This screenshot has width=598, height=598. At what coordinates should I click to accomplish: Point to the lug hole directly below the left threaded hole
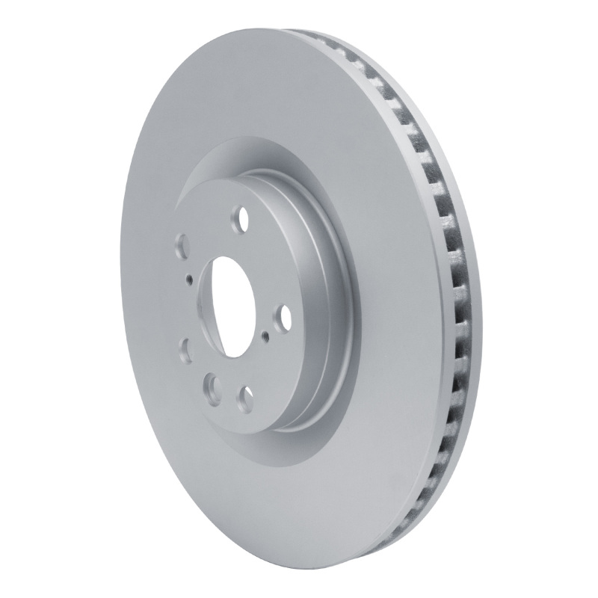click(x=185, y=347)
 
